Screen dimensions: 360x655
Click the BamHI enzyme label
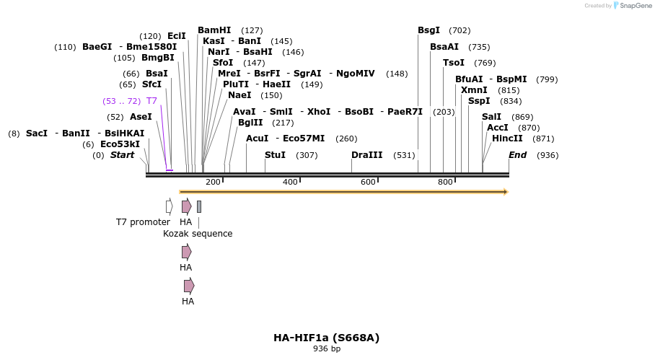click(x=214, y=30)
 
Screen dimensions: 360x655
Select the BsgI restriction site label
click(x=428, y=30)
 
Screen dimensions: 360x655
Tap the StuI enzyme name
click(x=275, y=155)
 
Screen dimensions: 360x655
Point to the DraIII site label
click(x=367, y=155)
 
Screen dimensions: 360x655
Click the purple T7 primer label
click(x=151, y=101)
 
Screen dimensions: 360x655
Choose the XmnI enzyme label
click(x=474, y=90)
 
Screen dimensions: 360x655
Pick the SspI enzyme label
click(x=479, y=101)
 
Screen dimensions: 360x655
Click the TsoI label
click(x=454, y=63)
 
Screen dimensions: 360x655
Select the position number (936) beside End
click(x=548, y=155)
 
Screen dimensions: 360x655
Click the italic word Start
click(x=122, y=155)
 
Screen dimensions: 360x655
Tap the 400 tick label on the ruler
click(x=290, y=182)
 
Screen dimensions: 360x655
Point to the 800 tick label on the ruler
click(x=445, y=182)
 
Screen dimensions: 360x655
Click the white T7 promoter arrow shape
click(x=169, y=206)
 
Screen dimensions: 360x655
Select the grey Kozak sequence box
click(x=199, y=206)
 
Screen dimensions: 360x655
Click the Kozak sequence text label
click(x=198, y=234)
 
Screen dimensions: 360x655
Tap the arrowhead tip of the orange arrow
click(x=506, y=192)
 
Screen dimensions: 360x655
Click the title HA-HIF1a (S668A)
click(x=326, y=338)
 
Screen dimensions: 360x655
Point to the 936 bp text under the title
click(x=326, y=349)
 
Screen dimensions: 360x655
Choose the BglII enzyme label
click(x=250, y=123)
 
